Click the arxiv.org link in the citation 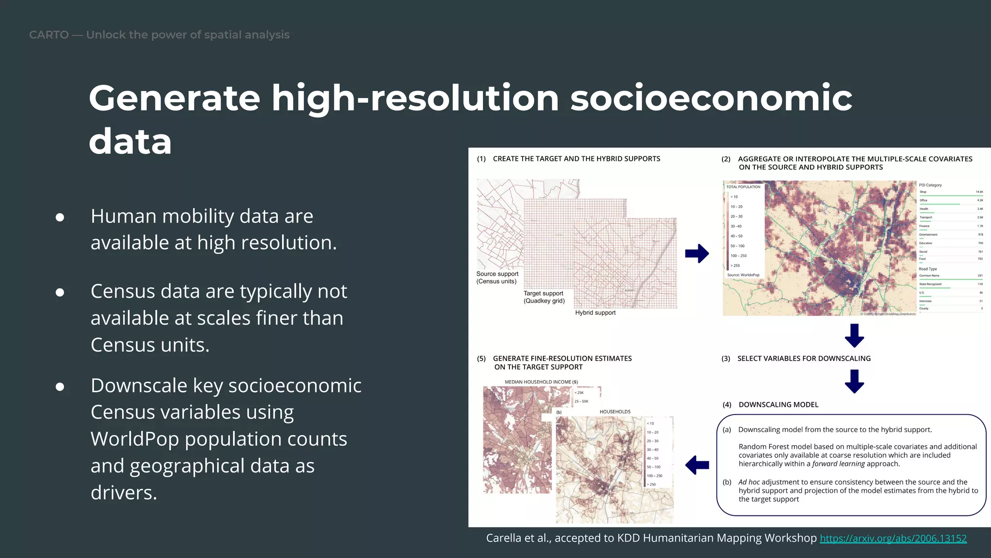click(893, 539)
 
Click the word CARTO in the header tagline click(49, 35)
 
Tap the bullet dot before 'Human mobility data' click(60, 217)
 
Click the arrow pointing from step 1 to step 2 click(697, 253)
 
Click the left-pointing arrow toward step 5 click(697, 465)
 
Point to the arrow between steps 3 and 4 click(854, 381)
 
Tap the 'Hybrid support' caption click(595, 313)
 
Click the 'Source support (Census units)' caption click(497, 278)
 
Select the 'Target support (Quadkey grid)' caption click(544, 297)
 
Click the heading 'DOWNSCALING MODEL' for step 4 click(778, 404)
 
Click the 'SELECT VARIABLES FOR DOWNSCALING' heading click(804, 358)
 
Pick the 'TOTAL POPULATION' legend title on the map click(743, 187)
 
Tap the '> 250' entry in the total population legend click(735, 265)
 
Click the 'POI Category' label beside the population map click(930, 185)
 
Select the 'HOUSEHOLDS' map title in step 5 click(615, 412)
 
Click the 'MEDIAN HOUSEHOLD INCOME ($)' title click(541, 382)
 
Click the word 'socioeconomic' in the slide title click(711, 98)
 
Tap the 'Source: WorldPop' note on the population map click(743, 275)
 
